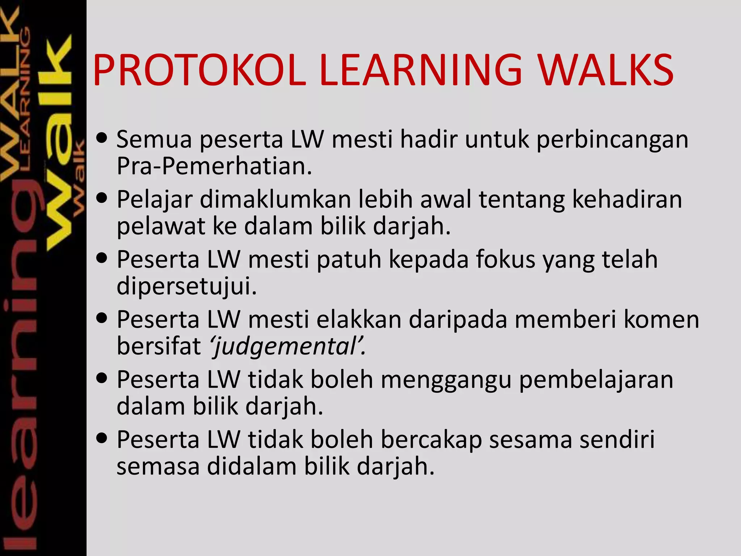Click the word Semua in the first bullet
[154, 139]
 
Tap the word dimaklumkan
[275, 199]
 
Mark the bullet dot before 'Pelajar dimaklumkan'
[102, 198]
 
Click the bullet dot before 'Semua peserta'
[102, 138]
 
